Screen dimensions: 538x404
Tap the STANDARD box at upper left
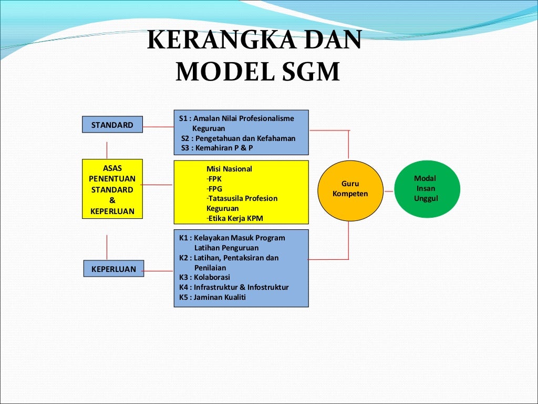112,125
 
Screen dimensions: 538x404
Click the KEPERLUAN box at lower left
113,269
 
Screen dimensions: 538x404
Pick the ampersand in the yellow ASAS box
112,200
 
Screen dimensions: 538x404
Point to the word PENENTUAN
112,179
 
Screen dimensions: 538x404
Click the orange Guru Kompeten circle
350,189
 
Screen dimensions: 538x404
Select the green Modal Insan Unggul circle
427,189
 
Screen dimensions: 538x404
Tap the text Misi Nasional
229,169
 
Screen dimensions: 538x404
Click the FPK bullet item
214,179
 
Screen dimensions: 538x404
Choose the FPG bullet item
215,189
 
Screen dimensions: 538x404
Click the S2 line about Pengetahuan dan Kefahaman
238,138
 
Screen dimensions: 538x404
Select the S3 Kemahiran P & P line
217,148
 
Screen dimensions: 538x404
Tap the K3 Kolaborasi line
204,277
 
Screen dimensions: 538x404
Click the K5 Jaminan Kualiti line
212,297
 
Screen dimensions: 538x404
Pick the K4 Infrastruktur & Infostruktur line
234,287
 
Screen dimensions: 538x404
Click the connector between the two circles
388,191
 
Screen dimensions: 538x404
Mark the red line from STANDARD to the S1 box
158,127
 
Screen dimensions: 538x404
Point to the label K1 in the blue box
183,238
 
